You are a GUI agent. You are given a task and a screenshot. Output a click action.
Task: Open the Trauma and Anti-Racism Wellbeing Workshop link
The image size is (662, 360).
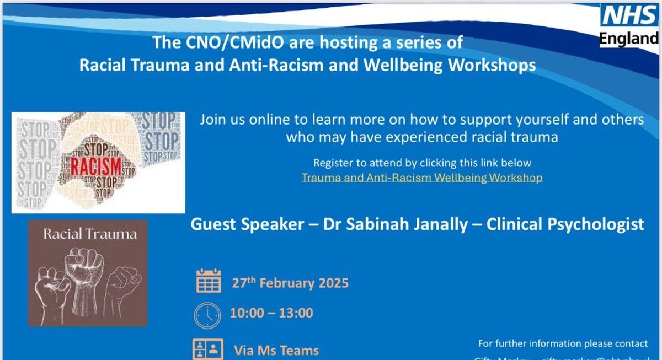point(421,178)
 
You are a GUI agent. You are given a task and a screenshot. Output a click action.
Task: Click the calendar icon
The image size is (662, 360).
point(208,282)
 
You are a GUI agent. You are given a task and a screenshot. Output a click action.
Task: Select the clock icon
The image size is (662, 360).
point(207,314)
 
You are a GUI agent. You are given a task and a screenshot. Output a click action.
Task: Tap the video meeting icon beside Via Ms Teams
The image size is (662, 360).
point(208,350)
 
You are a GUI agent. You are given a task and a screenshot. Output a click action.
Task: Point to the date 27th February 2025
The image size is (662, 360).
point(290,283)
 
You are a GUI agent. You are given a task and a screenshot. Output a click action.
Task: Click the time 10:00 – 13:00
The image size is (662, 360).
point(271,313)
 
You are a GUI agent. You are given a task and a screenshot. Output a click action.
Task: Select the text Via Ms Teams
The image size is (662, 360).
point(276,350)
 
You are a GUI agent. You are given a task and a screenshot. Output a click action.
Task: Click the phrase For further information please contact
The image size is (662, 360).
point(563,343)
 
